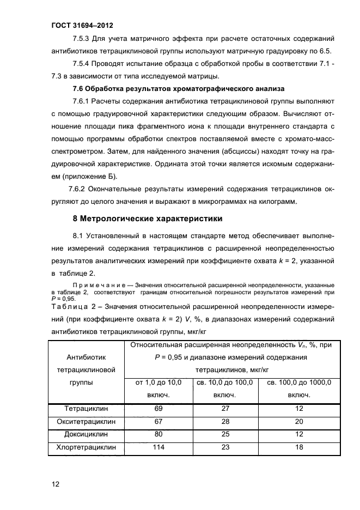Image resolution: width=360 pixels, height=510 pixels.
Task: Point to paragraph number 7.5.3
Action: point(82,39)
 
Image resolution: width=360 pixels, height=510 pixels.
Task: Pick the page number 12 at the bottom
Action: point(56,484)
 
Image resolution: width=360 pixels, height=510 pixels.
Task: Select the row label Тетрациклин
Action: point(86,409)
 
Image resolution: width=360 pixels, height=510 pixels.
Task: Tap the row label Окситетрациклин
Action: point(86,422)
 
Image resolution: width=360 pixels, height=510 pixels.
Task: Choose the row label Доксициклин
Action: point(86,435)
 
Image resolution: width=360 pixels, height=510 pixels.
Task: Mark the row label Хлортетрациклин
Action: point(86,448)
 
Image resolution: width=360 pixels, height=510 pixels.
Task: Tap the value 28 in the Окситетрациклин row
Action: point(225,422)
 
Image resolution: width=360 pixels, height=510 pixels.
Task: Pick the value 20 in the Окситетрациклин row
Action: point(299,422)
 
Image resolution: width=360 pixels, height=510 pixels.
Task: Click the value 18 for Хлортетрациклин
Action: point(299,448)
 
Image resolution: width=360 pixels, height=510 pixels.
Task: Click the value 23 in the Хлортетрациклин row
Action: point(225,448)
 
